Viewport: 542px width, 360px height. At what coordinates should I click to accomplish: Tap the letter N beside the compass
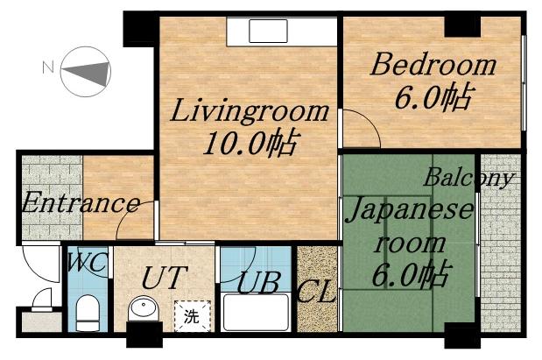pyautogui.click(x=50, y=65)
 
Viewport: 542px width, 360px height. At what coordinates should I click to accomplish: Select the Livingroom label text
pyautogui.click(x=249, y=113)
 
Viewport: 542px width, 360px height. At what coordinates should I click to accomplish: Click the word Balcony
pyautogui.click(x=469, y=177)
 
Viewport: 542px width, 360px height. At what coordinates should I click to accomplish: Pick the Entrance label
pyautogui.click(x=80, y=204)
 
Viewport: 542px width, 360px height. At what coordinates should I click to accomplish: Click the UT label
pyautogui.click(x=163, y=279)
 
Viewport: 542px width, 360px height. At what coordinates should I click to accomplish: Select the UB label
pyautogui.click(x=257, y=285)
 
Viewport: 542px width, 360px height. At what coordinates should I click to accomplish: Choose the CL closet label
pyautogui.click(x=317, y=292)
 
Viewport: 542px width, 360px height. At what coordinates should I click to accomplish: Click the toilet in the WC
pyautogui.click(x=87, y=313)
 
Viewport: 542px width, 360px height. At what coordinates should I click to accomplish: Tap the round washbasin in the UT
pyautogui.click(x=142, y=310)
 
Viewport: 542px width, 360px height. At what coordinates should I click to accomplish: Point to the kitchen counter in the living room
pyautogui.click(x=280, y=31)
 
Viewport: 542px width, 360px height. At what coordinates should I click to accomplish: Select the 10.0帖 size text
pyautogui.click(x=250, y=142)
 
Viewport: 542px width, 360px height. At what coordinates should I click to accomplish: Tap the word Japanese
pyautogui.click(x=412, y=211)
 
